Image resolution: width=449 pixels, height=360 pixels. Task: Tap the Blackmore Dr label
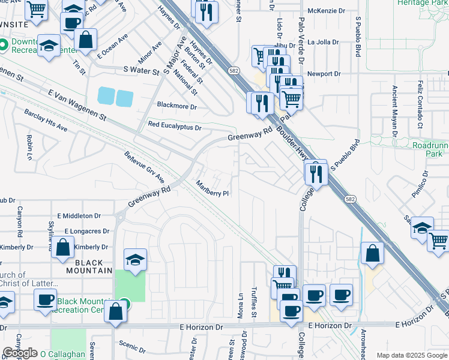click(177, 106)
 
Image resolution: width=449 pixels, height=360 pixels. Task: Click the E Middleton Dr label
click(84, 215)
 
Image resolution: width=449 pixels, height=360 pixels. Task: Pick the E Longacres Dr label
click(87, 231)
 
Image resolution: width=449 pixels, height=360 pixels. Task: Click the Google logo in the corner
click(20, 353)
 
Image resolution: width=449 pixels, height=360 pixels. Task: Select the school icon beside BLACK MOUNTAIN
click(135, 260)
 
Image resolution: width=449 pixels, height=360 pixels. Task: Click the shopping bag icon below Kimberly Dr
click(63, 247)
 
